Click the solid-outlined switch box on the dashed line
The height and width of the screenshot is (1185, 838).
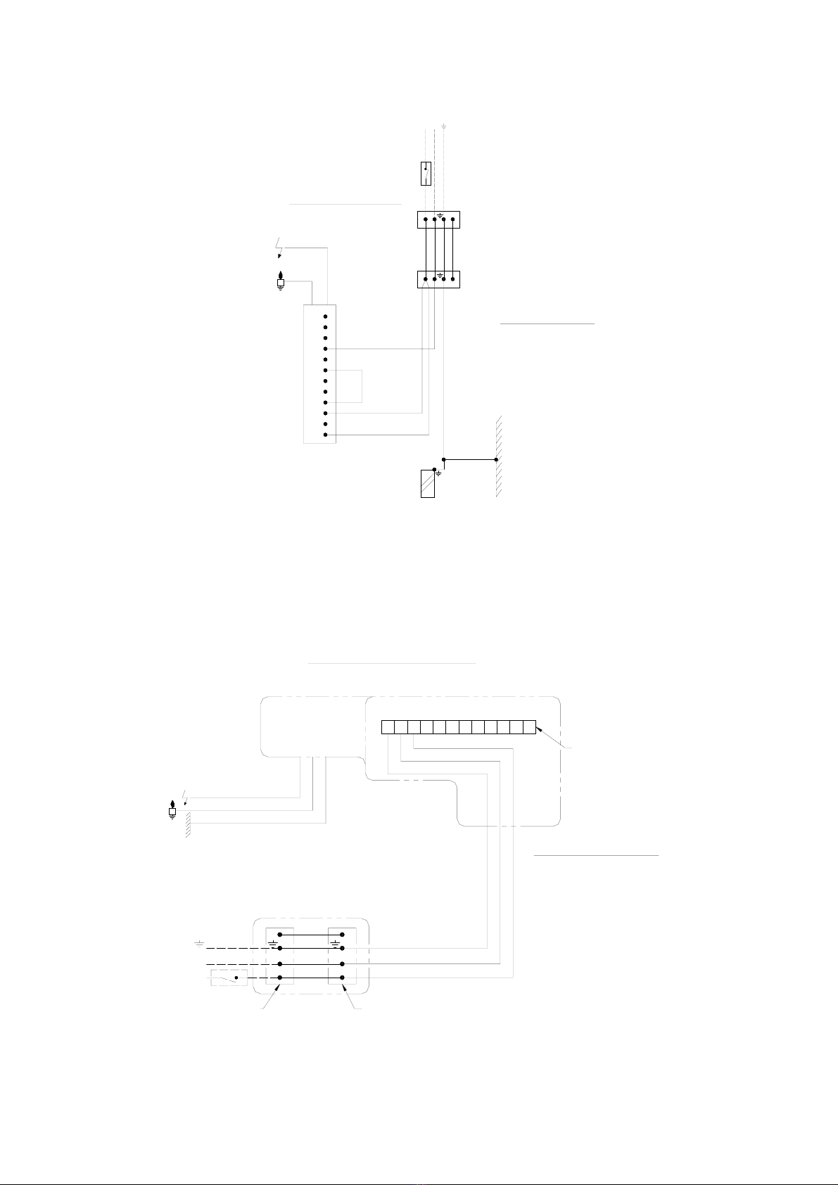tap(426, 173)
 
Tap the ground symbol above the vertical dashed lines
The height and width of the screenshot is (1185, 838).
tap(444, 127)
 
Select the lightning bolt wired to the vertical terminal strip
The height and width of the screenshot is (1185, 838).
tap(279, 250)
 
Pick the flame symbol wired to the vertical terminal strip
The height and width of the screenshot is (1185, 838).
tap(281, 280)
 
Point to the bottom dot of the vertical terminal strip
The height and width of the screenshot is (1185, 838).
tap(325, 435)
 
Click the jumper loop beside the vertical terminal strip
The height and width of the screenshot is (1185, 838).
tap(362, 386)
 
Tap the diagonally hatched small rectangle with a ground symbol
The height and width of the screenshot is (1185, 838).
tap(428, 482)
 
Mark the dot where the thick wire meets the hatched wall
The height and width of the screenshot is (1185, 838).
tap(496, 459)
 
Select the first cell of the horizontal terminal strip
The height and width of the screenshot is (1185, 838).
tap(388, 727)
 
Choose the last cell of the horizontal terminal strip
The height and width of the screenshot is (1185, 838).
tap(529, 727)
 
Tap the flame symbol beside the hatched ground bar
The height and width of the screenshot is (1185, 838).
tap(172, 811)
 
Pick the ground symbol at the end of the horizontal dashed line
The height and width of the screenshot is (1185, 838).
tap(199, 942)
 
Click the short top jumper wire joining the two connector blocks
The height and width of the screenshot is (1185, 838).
tap(311, 935)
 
